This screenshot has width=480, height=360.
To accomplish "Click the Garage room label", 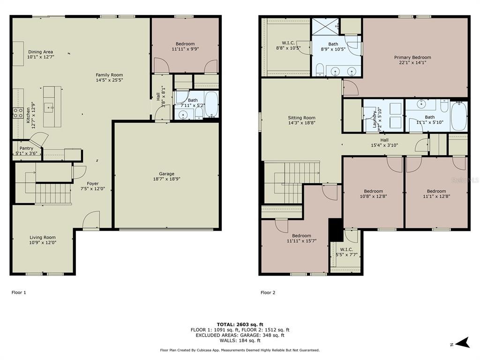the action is pos(166,173).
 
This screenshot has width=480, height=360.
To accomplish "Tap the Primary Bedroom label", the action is pos(412,57).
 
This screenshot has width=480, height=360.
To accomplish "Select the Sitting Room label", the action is pos(301,118).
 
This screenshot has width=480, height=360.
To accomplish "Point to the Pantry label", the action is pos(26,148).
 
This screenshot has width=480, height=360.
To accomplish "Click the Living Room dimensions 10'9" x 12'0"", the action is pos(43,242).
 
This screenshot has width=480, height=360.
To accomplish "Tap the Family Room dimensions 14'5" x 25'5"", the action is pos(109,80).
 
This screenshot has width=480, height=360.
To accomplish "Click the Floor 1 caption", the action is pos(19,292).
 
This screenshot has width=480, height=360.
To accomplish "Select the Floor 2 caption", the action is pos(268,292).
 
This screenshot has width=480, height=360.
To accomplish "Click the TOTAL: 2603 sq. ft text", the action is pos(240,324).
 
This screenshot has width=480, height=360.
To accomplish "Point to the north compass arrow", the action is pos(463,343).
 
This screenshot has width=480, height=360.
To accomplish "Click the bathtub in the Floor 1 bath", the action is pos(211,104).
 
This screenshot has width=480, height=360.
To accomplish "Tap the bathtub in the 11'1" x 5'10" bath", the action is pos(459,116).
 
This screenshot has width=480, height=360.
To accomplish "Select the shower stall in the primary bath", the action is pos(325,27).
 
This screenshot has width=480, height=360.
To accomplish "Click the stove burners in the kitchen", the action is pos(18,112).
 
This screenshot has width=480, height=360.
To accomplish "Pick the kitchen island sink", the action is pos(49,107).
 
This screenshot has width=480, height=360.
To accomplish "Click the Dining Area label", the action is pos(40,52).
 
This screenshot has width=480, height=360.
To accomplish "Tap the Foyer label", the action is pos(92,184).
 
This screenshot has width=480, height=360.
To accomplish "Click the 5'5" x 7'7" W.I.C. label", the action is pos(346,249).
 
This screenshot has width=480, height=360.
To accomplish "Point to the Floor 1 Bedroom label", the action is pos(185,44).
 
